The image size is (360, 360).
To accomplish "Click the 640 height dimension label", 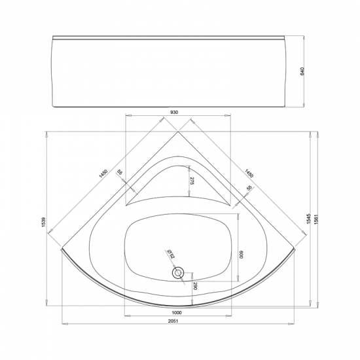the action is (x=302, y=71).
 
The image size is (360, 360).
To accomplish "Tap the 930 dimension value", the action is (x=175, y=113).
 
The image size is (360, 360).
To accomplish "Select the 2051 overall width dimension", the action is (x=173, y=321).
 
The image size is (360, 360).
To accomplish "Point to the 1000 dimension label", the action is (x=177, y=312).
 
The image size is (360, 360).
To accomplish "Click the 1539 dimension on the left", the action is (x=44, y=222).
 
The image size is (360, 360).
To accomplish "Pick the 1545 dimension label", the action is (x=308, y=219).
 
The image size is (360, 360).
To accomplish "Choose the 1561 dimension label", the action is (x=316, y=219).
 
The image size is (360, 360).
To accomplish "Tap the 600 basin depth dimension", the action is (x=242, y=255).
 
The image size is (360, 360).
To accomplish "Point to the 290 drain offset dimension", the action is (x=195, y=286).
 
